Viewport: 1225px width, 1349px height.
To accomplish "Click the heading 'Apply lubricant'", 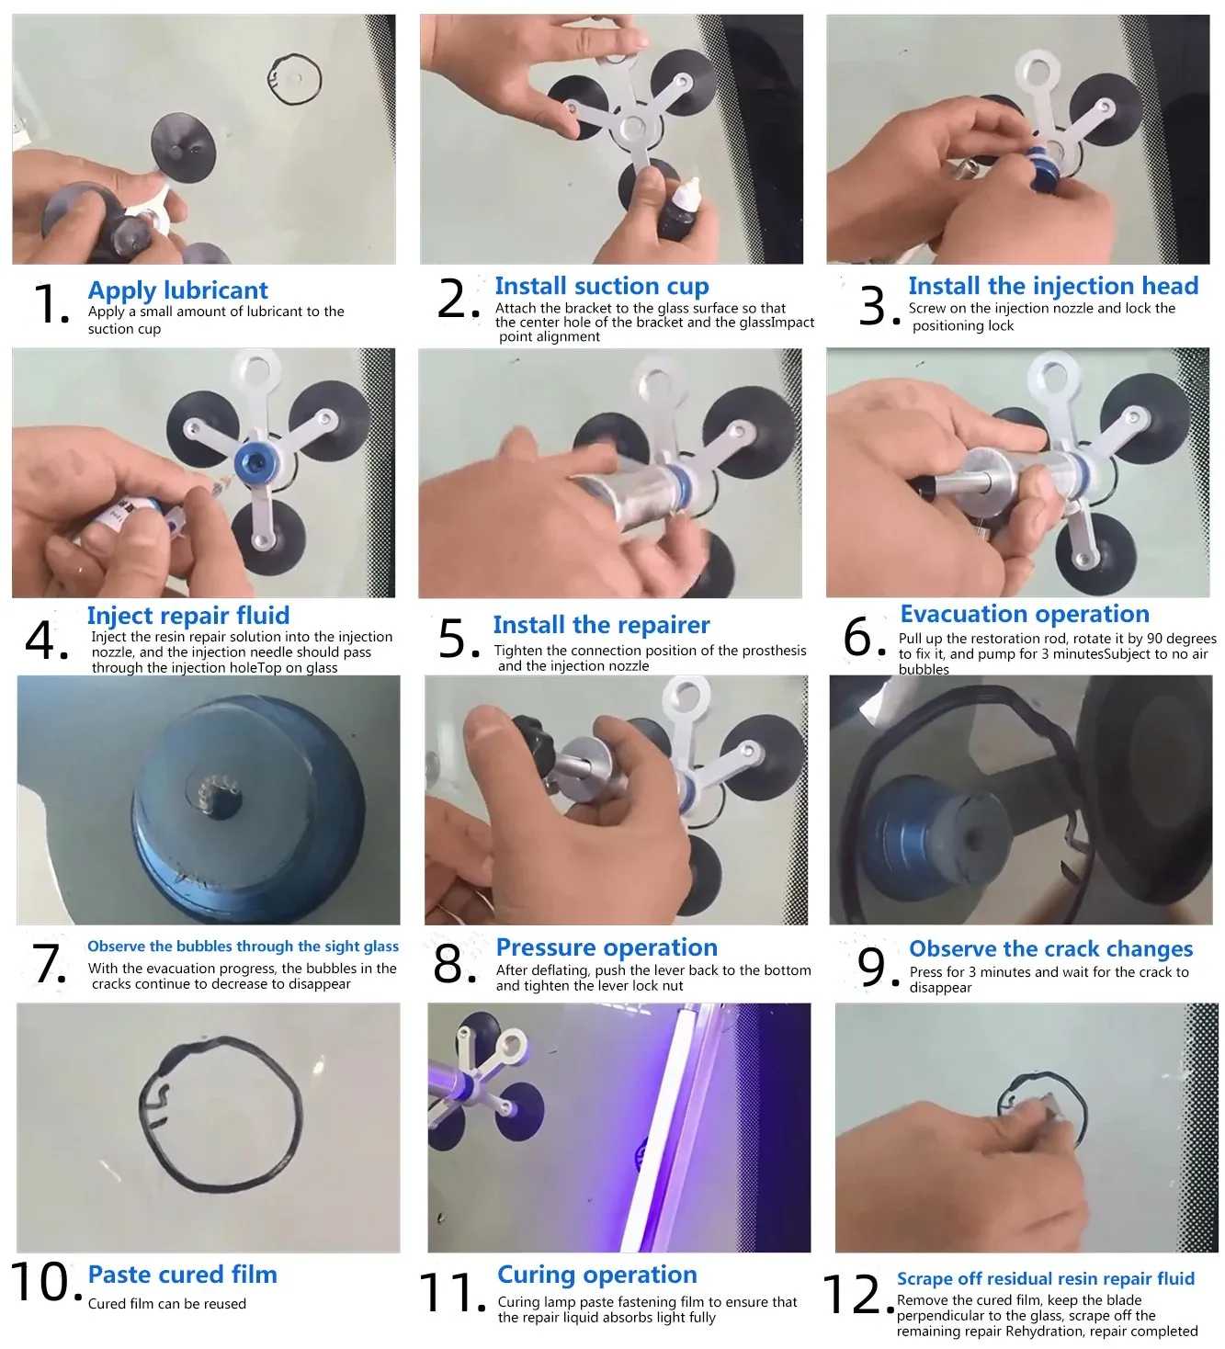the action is [x=177, y=290].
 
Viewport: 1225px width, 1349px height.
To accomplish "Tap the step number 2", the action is [x=458, y=299].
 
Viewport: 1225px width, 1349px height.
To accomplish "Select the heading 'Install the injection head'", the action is [x=1053, y=286].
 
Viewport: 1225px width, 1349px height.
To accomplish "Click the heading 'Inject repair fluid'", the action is [x=188, y=616].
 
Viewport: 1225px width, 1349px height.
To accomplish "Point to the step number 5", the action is [x=459, y=639].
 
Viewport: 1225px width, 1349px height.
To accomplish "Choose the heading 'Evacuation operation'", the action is [x=1025, y=614].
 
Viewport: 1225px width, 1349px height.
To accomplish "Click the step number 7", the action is [x=50, y=964].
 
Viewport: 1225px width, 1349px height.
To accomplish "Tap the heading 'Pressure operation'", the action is [x=607, y=947].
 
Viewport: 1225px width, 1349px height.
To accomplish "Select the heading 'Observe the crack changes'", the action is [x=1050, y=949].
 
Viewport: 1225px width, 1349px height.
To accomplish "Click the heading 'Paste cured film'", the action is [x=182, y=1275].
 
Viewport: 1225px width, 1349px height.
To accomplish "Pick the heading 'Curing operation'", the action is [x=597, y=1275].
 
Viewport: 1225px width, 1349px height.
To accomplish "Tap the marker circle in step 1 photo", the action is [x=295, y=79].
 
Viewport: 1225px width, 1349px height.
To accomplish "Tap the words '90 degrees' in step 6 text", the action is [x=1179, y=638].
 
